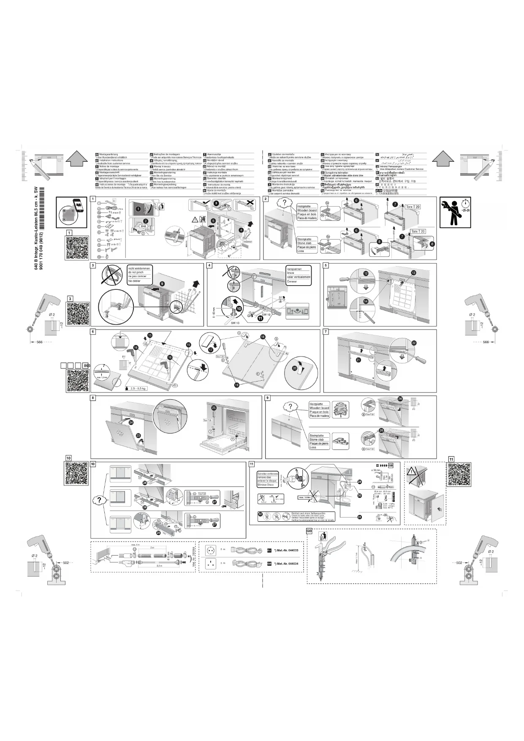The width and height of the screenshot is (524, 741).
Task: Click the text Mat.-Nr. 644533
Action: click(286, 550)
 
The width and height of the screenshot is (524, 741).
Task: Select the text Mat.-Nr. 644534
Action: click(286, 564)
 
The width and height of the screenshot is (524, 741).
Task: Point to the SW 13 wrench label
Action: click(235, 323)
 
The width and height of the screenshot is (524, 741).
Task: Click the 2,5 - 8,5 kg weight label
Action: click(138, 388)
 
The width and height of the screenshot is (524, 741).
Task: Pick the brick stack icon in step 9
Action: click(340, 441)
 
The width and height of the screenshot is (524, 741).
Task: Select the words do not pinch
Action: click(136, 272)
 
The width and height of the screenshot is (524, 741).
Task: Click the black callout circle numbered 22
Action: click(414, 343)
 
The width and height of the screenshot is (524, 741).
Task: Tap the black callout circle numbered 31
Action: click(359, 517)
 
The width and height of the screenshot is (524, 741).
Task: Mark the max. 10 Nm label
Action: click(304, 497)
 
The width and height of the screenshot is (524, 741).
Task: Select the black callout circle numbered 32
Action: click(261, 514)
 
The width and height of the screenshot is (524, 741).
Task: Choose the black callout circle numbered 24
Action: click(131, 422)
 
